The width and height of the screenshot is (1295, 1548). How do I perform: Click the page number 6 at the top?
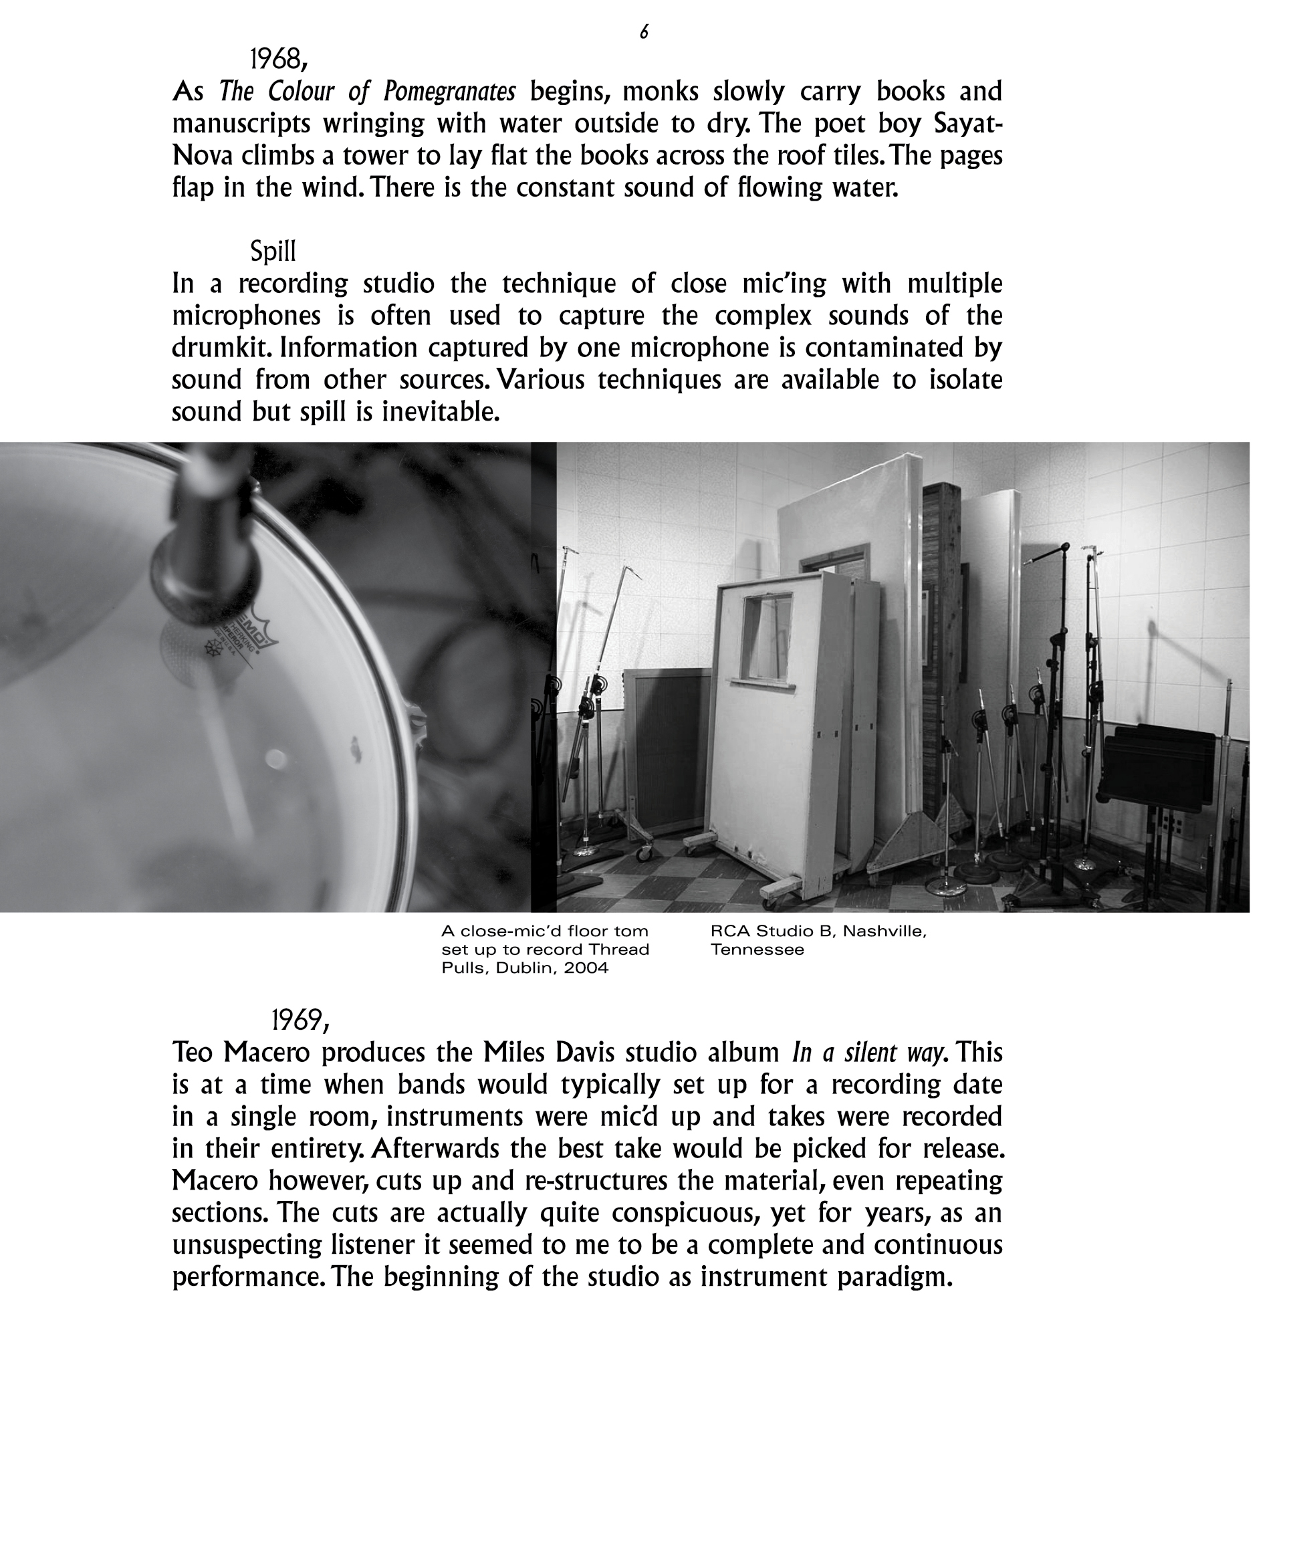[x=643, y=31]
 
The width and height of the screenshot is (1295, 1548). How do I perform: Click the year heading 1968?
[x=277, y=58]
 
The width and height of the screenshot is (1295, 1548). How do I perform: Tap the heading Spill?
[x=273, y=251]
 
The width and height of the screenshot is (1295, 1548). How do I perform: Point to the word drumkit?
[x=217, y=347]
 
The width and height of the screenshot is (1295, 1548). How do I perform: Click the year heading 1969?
[x=300, y=1020]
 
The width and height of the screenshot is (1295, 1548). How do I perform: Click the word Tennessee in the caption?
[x=757, y=950]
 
